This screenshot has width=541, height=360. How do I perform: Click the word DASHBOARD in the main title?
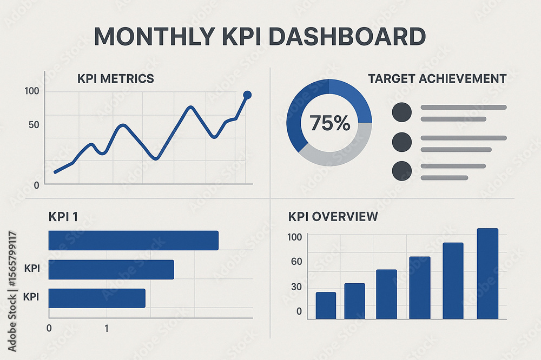click(x=346, y=36)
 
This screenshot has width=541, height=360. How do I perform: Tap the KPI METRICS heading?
click(x=115, y=79)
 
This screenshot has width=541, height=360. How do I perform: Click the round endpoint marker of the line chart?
click(x=247, y=95)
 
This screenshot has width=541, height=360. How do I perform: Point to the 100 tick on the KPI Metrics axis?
click(x=32, y=91)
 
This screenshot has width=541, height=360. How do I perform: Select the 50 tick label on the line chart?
click(x=34, y=125)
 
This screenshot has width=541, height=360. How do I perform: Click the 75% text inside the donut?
click(x=329, y=123)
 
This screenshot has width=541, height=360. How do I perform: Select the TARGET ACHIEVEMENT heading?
click(x=437, y=79)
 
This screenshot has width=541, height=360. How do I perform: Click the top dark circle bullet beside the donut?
click(x=401, y=112)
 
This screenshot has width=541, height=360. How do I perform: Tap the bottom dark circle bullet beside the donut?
click(x=401, y=171)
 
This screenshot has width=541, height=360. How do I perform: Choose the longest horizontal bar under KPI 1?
click(x=133, y=241)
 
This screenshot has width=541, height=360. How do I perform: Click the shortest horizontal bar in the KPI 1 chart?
click(x=97, y=298)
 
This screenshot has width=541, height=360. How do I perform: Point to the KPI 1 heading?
click(x=63, y=217)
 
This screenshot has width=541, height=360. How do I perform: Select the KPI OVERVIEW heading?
click(x=333, y=217)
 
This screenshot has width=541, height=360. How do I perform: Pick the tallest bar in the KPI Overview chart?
click(x=487, y=274)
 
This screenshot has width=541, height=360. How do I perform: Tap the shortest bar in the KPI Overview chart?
click(x=326, y=305)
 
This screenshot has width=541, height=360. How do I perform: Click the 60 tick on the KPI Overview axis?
click(x=296, y=262)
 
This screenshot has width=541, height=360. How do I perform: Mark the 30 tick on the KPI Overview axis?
click(x=296, y=287)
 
